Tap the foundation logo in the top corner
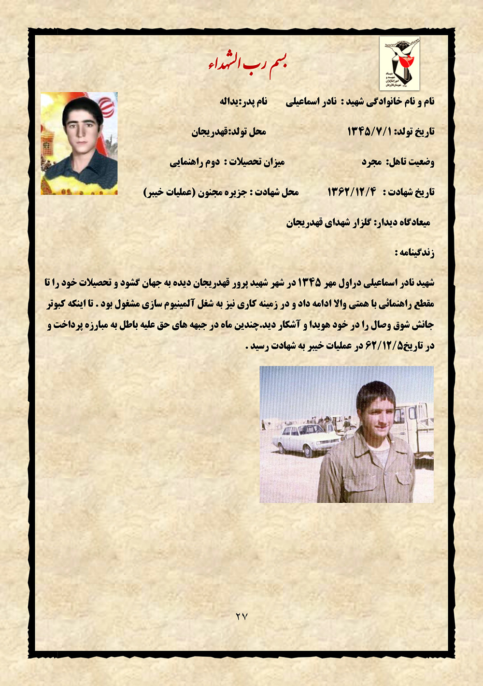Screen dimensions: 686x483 pos(399,63)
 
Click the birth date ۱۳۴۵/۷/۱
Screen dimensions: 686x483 pos(370,131)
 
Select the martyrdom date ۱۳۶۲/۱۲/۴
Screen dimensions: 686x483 pos(352,192)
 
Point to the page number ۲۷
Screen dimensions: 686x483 pos(241,616)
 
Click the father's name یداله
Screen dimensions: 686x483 pos(231,102)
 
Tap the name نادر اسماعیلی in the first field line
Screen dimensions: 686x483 pos(312,102)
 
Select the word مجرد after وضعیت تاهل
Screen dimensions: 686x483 pos(372,162)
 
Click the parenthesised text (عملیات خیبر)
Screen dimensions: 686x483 pos(170,192)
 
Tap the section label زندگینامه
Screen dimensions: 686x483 pos(414,252)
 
